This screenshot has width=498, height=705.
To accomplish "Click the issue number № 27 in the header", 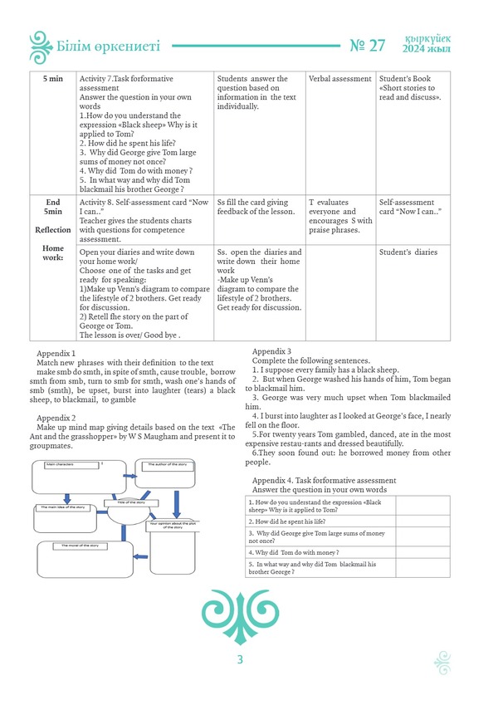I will tap(369, 46).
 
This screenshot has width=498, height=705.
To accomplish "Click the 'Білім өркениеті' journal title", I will tap(110, 47).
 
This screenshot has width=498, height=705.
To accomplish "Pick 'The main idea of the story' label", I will tap(62, 505).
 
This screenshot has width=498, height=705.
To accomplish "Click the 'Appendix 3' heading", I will tap(271, 351).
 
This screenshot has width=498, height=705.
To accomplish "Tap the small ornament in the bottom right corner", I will tap(442, 661).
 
